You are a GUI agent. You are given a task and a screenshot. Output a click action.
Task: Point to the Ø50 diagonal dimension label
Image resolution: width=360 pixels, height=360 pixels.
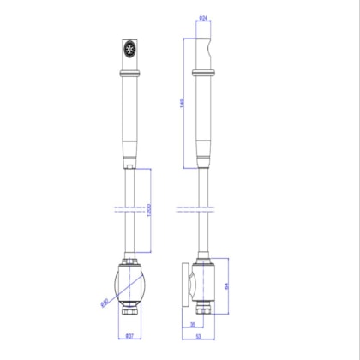click(x=105, y=300)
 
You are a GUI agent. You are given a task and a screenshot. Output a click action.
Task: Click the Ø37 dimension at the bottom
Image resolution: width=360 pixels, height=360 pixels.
click(x=129, y=336)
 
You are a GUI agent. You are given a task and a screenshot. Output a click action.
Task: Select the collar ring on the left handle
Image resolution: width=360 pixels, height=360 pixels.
click(x=129, y=76)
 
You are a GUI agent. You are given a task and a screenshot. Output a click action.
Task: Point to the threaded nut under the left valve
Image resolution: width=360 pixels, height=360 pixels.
click(x=129, y=306)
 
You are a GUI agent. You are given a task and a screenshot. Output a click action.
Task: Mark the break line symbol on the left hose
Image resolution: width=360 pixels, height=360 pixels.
click(x=129, y=208)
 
